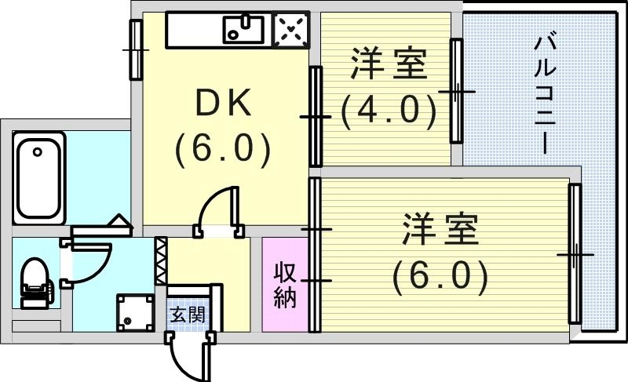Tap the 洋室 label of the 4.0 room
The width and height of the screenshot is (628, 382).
click(389, 65)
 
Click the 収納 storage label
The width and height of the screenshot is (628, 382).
click(284, 286)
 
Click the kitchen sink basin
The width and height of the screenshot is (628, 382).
click(246, 31)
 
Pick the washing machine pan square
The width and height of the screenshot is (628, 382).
click(132, 313)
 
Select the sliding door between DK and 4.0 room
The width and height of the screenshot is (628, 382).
click(315, 116)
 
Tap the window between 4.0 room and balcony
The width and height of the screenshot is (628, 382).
click(455, 90)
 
